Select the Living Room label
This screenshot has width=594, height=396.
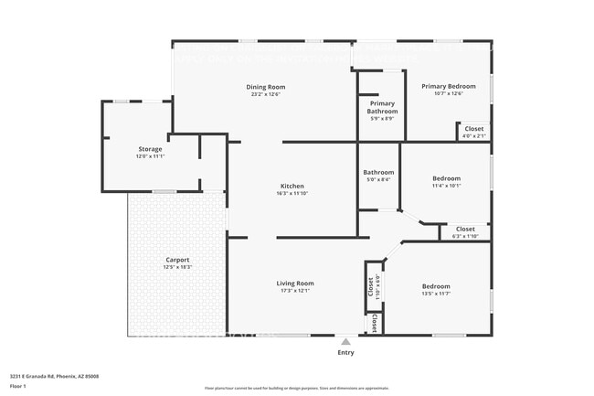(295, 284)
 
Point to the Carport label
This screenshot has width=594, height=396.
(176, 259)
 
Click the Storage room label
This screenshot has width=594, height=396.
(150, 148)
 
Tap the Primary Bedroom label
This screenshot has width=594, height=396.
(448, 86)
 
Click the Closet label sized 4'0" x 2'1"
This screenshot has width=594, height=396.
(474, 129)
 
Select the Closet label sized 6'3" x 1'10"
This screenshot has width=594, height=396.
(465, 229)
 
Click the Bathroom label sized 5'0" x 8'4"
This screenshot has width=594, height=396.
(377, 172)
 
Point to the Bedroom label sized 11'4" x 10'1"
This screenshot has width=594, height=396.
(446, 178)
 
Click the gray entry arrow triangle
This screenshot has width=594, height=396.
(345, 341)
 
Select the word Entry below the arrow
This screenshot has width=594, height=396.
(345, 352)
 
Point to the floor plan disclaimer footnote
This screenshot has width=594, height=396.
(296, 389)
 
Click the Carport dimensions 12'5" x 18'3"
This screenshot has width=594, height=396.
(176, 267)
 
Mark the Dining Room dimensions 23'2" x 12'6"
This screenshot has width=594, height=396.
(265, 94)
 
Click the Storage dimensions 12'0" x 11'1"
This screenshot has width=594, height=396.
(150, 156)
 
